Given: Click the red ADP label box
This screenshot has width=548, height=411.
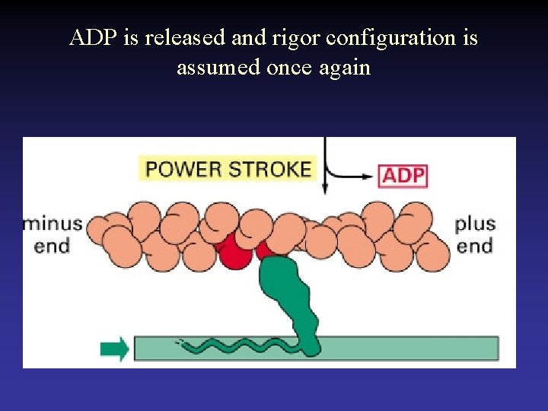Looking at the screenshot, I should pyautogui.click(x=403, y=177).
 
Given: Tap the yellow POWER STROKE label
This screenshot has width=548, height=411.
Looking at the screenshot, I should pyautogui.click(x=228, y=168).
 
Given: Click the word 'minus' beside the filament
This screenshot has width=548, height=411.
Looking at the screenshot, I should pyautogui.click(x=53, y=224).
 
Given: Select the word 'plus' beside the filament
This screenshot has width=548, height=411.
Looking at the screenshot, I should pyautogui.click(x=475, y=224).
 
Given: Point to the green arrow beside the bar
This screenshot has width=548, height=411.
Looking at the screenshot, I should pyautogui.click(x=114, y=349).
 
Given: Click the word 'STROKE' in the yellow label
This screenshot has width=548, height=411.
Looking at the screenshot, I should pyautogui.click(x=272, y=168).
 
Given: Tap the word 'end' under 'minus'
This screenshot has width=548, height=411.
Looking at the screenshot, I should pyautogui.click(x=51, y=246).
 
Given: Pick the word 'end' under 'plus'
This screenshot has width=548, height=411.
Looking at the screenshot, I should pyautogui.click(x=474, y=246).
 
